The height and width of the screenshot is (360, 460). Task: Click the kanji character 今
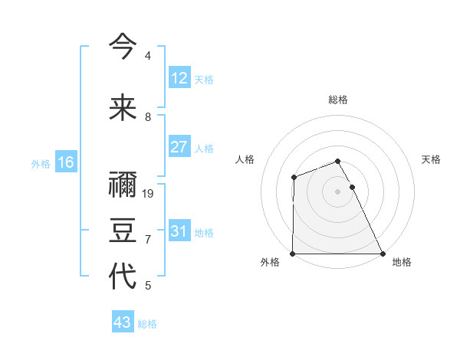click(123, 47)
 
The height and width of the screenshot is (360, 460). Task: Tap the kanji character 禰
click(123, 186)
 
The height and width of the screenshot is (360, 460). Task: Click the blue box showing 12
click(179, 78)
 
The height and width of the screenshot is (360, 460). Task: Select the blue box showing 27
click(179, 147)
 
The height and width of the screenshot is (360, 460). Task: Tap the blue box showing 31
click(179, 231)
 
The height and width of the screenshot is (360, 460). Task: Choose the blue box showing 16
click(65, 162)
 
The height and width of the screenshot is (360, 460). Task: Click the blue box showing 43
click(123, 322)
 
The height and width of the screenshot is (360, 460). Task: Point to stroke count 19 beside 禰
click(149, 194)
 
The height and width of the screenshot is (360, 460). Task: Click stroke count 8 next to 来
click(148, 117)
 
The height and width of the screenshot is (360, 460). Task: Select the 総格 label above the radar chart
click(338, 100)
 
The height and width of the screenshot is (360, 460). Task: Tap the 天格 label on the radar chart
click(432, 159)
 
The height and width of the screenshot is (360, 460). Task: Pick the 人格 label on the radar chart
click(245, 159)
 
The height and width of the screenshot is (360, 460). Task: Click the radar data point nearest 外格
click(293, 254)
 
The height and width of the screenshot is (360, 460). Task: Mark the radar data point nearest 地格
click(383, 254)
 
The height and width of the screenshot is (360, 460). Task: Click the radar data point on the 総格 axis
click(338, 161)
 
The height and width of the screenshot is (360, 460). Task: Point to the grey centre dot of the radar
click(338, 191)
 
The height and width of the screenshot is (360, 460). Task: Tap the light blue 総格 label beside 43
click(147, 324)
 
